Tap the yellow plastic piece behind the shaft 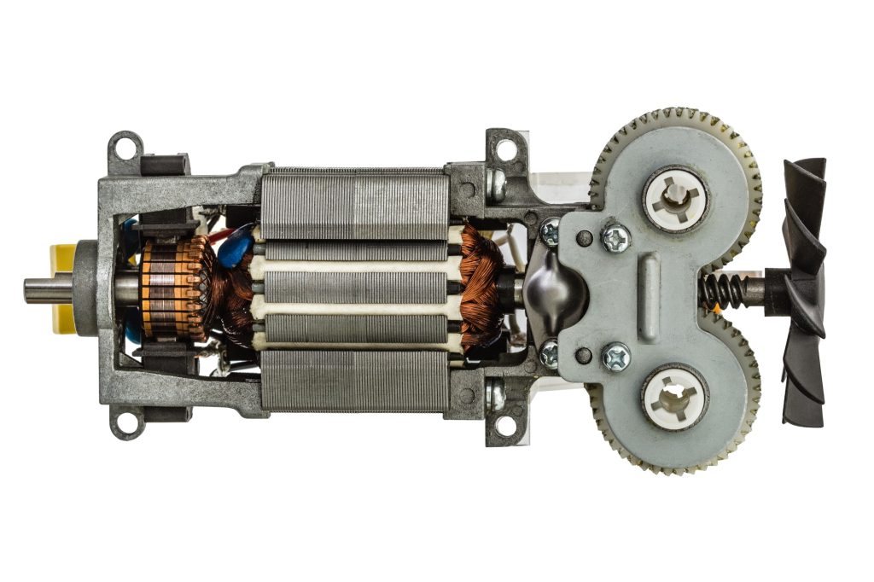(61, 288)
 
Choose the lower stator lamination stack (354, 381)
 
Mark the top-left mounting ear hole (125, 148)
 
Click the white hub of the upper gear (674, 199)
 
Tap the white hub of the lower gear (674, 397)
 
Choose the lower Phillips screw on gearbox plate (615, 356)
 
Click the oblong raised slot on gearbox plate (650, 291)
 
